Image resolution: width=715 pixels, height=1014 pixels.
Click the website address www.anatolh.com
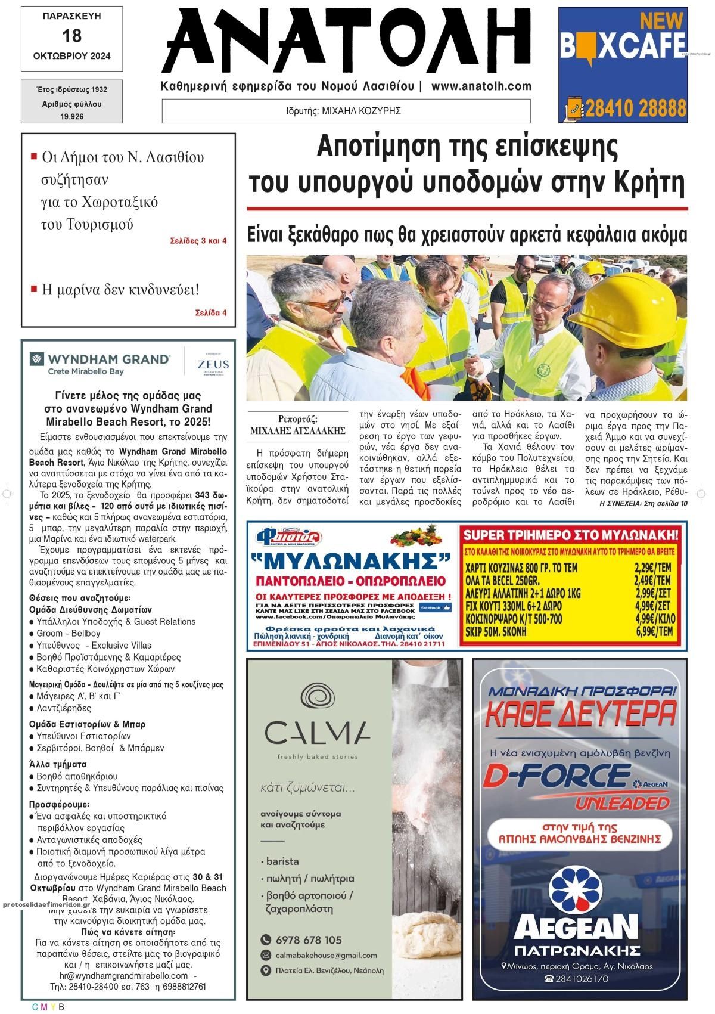(481, 86)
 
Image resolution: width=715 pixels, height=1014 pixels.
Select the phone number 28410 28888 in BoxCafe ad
(635, 109)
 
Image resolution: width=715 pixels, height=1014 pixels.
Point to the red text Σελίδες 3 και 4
(198, 241)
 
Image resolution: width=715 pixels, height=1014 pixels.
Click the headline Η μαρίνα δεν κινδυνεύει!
(120, 290)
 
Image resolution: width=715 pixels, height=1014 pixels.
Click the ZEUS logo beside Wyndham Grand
(214, 364)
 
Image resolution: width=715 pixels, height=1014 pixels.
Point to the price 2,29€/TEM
(652, 568)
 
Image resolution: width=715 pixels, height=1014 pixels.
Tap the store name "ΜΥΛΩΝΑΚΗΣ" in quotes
(350, 562)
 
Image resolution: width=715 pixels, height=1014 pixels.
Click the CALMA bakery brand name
(318, 734)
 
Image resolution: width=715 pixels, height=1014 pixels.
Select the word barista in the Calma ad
(282, 861)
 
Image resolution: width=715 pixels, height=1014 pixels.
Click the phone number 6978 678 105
(309, 940)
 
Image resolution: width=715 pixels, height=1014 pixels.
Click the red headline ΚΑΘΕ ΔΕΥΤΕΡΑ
(581, 714)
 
